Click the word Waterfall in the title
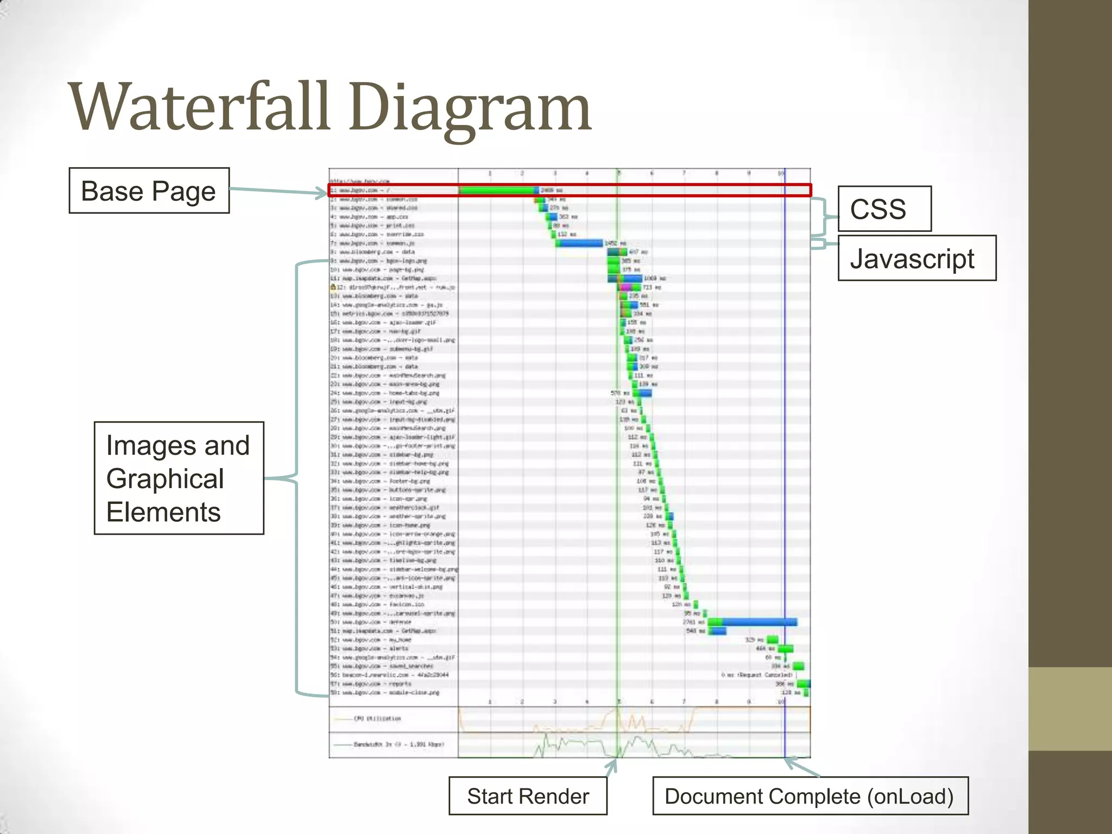coord(200,107)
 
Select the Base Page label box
coord(149,191)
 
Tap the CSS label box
coord(884,209)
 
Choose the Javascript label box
coord(917,258)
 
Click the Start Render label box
coord(528,796)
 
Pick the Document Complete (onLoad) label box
coord(810,796)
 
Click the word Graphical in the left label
coord(165,479)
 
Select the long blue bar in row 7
coord(580,243)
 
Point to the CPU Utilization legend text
coord(377,718)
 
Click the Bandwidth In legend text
coord(399,744)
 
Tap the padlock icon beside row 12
coord(333,287)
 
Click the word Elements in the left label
coord(163,512)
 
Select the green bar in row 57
coord(803,684)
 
